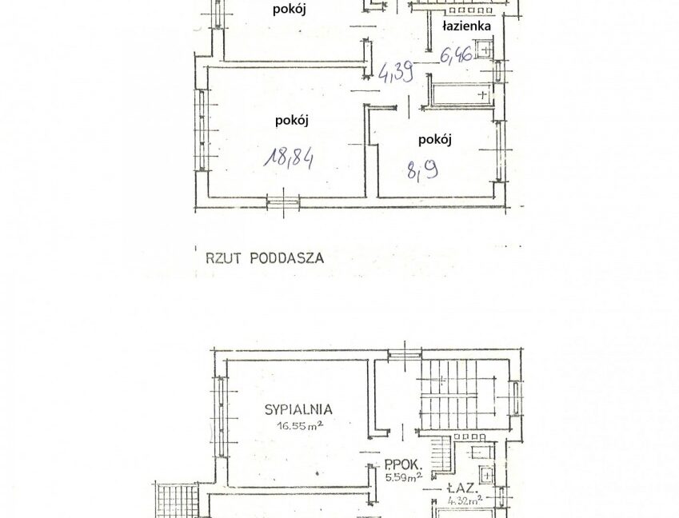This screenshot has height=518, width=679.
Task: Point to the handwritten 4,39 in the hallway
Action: point(396,73)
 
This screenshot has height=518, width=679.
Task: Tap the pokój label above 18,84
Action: point(291,120)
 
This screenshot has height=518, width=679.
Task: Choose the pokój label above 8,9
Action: point(435,139)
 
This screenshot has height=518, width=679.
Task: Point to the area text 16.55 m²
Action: point(298,428)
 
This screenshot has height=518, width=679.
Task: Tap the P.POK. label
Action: point(398,463)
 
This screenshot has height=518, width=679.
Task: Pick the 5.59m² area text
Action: point(400,478)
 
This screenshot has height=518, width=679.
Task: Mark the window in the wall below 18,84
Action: point(284,203)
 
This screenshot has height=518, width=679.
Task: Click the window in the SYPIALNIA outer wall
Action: point(216,409)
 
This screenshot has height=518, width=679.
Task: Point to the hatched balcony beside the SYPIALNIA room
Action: point(168,500)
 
